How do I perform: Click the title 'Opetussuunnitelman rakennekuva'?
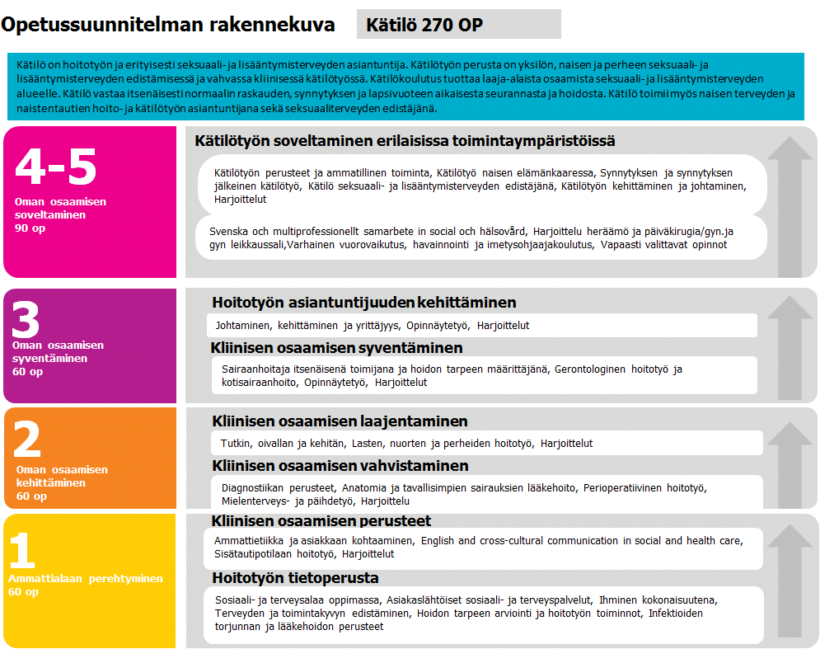pyautogui.click(x=168, y=25)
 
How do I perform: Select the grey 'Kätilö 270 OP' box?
pyautogui.click(x=458, y=25)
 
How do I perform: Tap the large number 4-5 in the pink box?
pyautogui.click(x=56, y=167)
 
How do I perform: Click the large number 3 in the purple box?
pyautogui.click(x=27, y=319)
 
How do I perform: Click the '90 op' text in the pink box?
pyautogui.click(x=30, y=228)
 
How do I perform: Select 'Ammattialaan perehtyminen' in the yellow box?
pyautogui.click(x=86, y=579)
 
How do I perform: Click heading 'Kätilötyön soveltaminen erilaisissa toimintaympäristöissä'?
pyautogui.click(x=405, y=141)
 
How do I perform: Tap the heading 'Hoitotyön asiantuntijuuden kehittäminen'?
pyautogui.click(x=363, y=303)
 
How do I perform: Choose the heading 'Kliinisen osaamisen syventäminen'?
pyautogui.click(x=337, y=347)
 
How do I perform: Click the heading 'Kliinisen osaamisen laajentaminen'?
pyautogui.click(x=340, y=421)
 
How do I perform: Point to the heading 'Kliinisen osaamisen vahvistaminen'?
pyautogui.click(x=340, y=466)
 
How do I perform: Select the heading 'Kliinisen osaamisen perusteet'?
pyautogui.click(x=321, y=521)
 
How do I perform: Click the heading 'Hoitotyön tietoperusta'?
pyautogui.click(x=295, y=577)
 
